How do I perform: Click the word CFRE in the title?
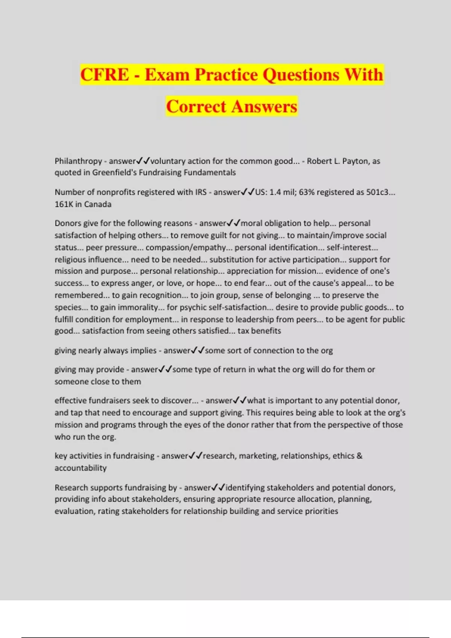click(104, 74)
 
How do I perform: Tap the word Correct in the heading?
click(196, 106)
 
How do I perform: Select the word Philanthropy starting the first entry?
click(78, 161)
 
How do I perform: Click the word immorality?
click(138, 307)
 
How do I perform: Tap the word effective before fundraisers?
click(70, 400)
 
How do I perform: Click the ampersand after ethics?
click(360, 456)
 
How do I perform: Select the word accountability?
click(81, 468)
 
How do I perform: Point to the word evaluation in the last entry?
click(74, 511)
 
